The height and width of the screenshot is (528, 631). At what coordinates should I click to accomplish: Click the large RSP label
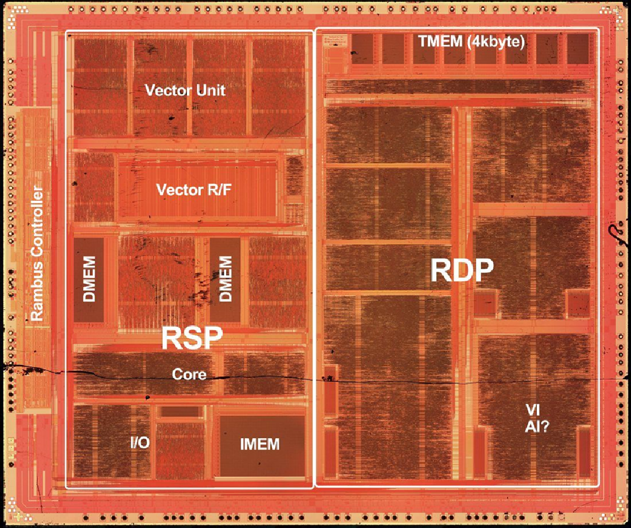(x=192, y=338)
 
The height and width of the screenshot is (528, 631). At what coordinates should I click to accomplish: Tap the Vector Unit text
(x=185, y=91)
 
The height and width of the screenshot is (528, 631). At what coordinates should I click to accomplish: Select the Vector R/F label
(x=189, y=190)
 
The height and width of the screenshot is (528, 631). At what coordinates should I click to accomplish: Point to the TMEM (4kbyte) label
(x=471, y=42)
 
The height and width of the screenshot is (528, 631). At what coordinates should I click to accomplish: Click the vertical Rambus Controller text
(x=37, y=253)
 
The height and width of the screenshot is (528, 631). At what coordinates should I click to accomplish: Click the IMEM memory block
(x=259, y=444)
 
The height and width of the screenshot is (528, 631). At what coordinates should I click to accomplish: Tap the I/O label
(x=140, y=443)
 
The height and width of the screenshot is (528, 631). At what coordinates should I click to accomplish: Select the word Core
(x=189, y=374)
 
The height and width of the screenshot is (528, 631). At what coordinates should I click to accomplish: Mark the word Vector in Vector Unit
(x=165, y=91)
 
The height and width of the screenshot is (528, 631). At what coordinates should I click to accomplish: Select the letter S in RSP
(x=192, y=338)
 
